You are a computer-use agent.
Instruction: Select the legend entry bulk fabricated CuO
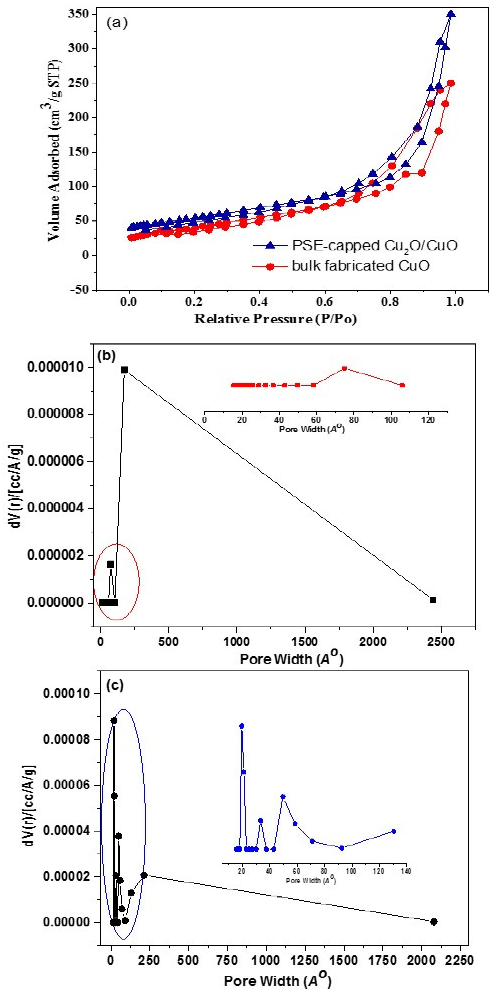(x=360, y=266)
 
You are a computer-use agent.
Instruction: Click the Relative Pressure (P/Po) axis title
(x=275, y=319)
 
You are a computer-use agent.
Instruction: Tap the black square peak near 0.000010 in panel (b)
(x=124, y=370)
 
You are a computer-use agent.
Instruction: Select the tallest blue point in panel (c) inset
(x=242, y=726)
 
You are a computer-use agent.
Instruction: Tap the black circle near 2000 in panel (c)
(x=434, y=922)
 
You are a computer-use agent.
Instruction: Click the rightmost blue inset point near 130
(x=394, y=831)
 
